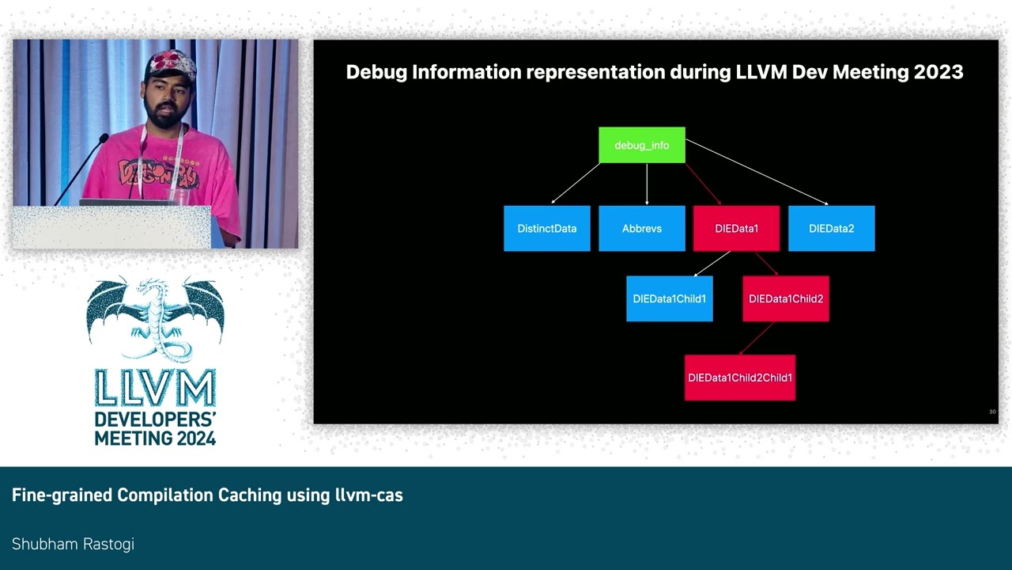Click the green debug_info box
(641, 146)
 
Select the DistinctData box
(547, 229)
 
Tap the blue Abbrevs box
(641, 229)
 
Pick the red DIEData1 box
(736, 229)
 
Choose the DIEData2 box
(831, 229)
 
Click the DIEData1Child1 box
(669, 298)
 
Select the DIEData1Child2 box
(786, 298)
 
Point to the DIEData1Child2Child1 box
(739, 378)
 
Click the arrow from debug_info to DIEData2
(757, 173)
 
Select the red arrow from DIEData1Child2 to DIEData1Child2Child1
(756, 338)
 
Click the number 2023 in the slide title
(938, 72)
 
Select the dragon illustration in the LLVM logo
(156, 317)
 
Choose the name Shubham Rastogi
(73, 544)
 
